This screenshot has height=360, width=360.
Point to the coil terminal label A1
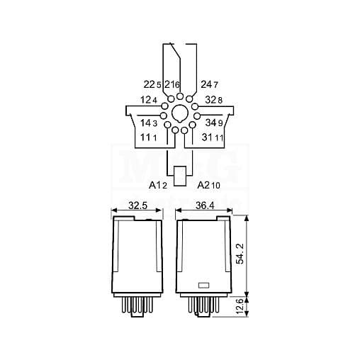155,186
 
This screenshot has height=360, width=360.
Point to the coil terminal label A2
203,186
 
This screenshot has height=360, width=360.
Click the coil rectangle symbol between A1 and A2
180,173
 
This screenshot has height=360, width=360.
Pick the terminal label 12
146,101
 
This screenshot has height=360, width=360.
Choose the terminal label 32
210,101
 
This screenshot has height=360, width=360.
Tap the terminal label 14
146,123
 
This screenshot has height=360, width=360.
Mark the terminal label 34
210,123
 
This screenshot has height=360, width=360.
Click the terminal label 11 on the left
145,137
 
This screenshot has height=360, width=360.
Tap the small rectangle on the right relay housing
202,286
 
